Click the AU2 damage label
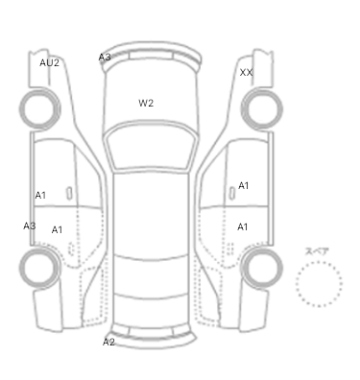49,62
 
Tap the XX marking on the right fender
246,73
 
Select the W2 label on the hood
146,103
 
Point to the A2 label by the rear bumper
108,342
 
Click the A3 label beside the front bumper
105,58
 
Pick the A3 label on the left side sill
30,226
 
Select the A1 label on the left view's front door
40,195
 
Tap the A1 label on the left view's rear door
57,229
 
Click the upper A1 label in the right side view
244,185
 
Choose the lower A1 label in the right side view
243,226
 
